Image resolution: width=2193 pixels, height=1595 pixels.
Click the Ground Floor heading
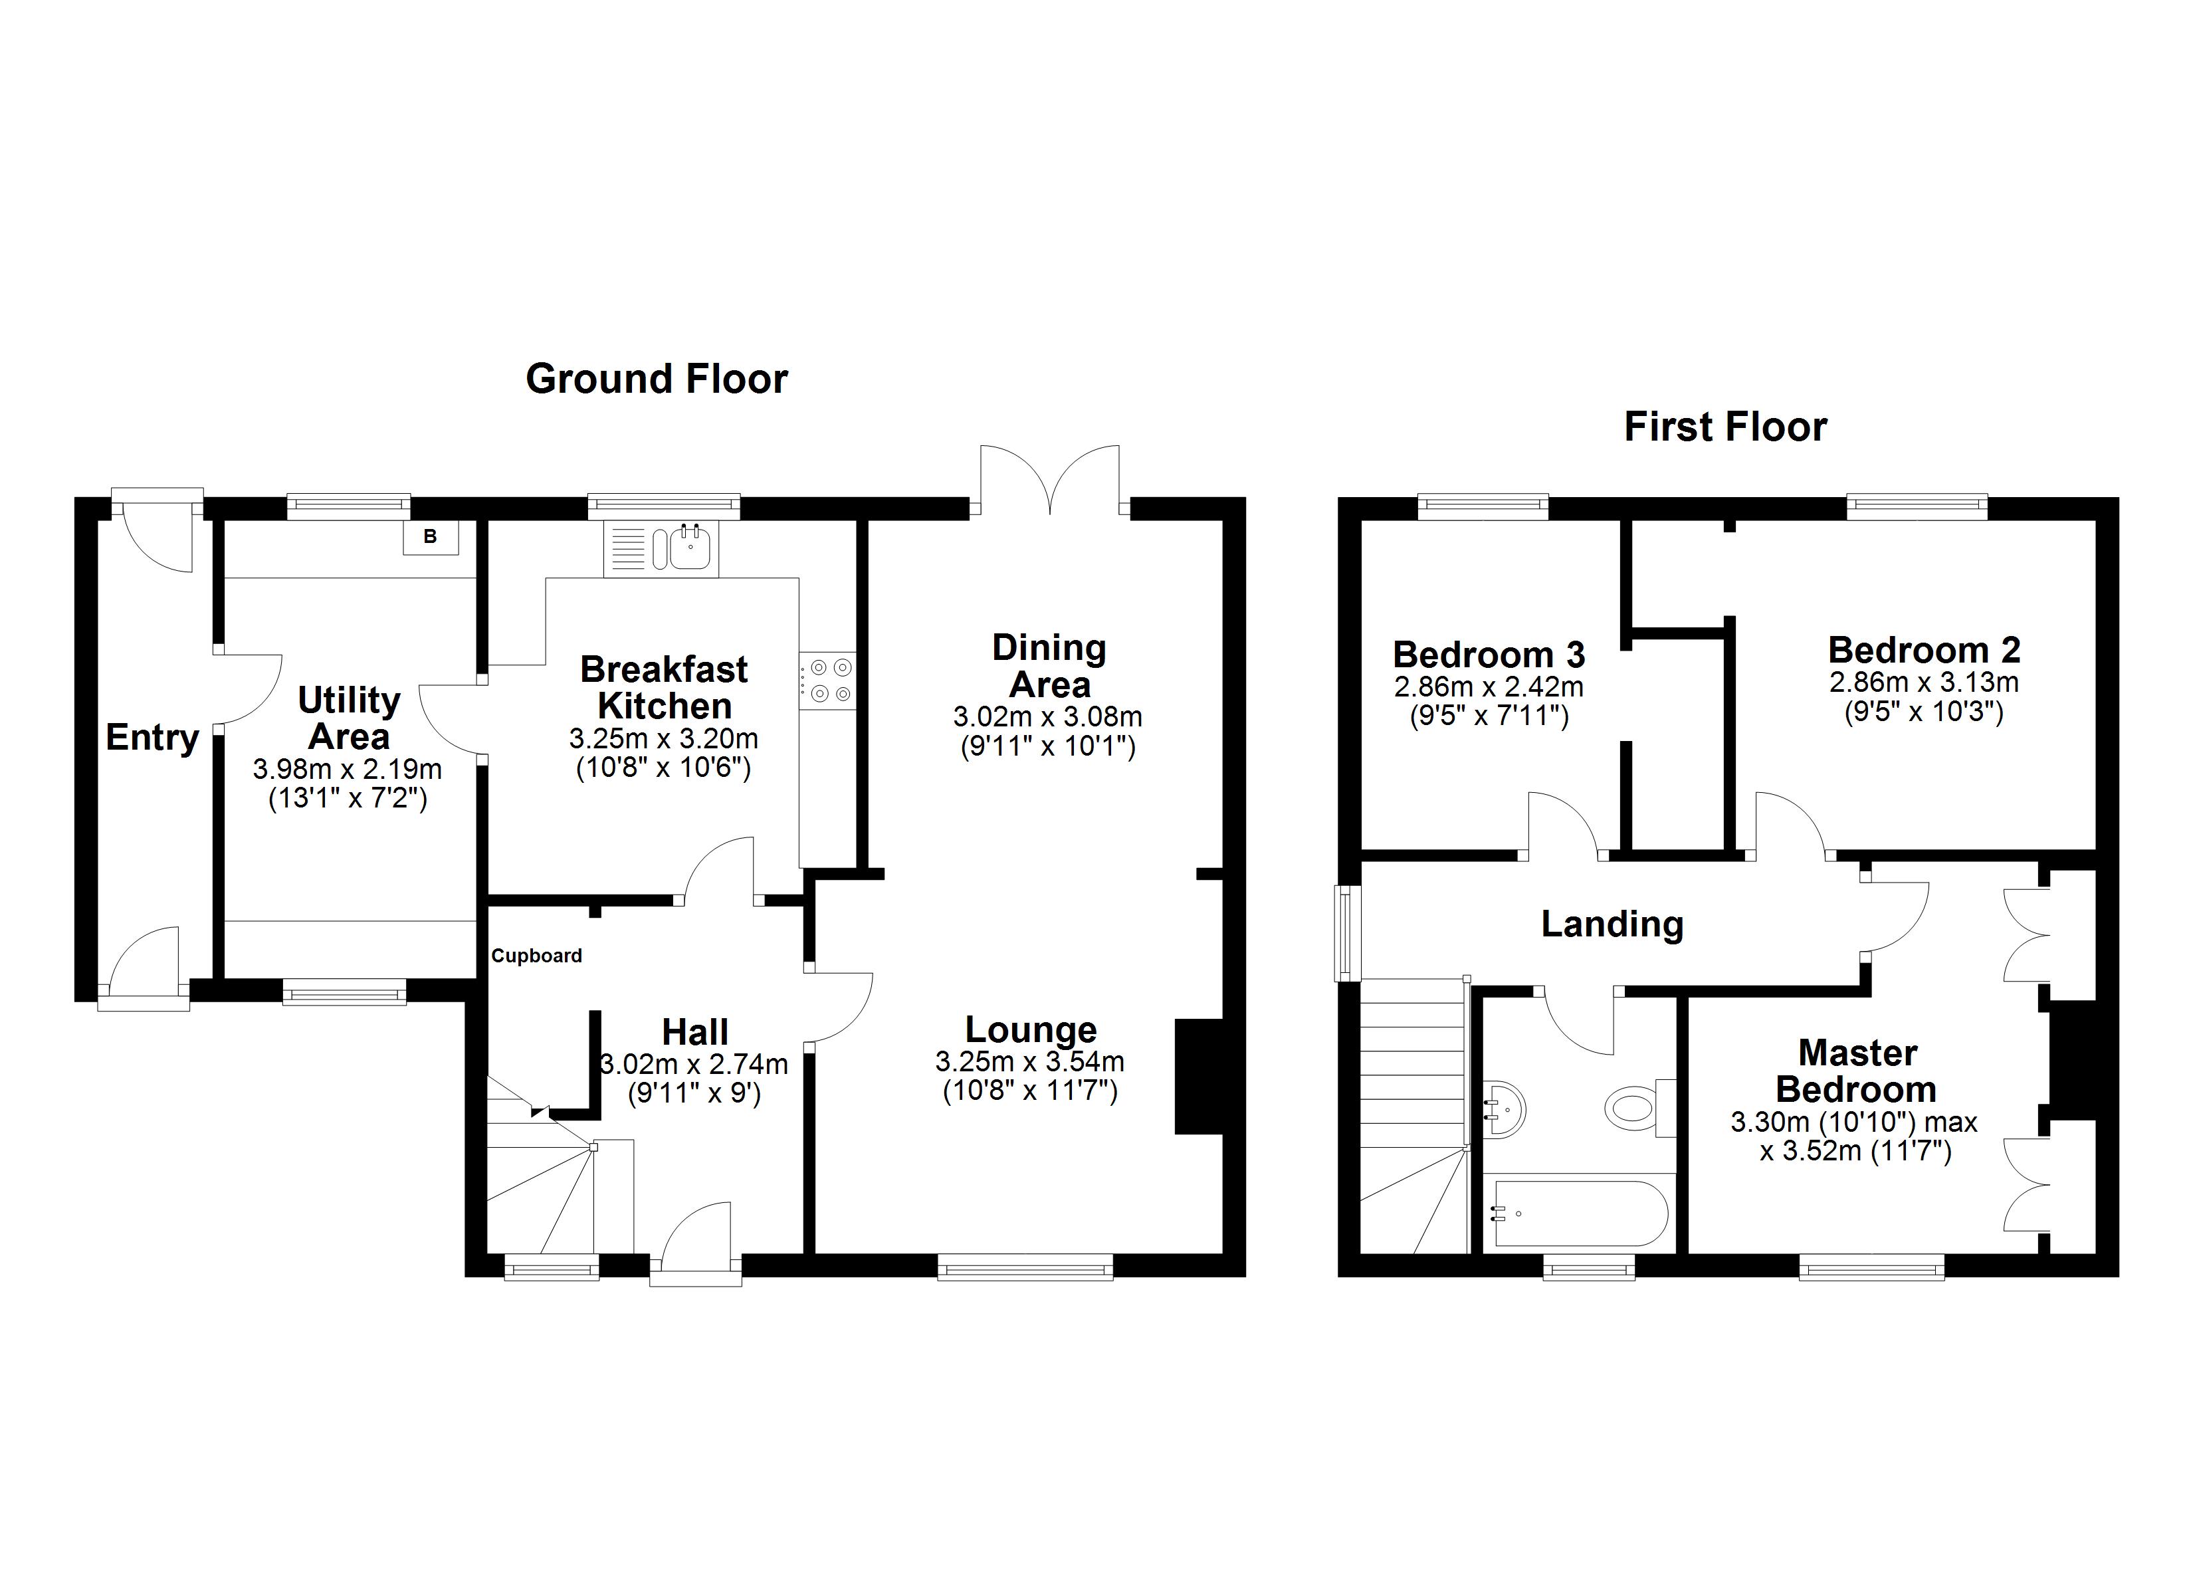point(657,379)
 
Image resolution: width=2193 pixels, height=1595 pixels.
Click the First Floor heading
point(1725,427)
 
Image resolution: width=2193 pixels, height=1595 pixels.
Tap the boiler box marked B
point(430,537)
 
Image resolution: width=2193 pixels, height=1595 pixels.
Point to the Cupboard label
point(537,956)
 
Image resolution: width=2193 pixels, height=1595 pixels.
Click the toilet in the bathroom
point(1634,1107)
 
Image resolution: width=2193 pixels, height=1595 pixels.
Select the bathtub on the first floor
point(1580,1214)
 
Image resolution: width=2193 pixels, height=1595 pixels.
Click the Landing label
point(1612,924)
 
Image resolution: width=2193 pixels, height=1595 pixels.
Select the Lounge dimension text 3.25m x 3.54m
point(1030,1062)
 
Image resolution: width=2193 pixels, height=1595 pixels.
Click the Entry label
point(152,737)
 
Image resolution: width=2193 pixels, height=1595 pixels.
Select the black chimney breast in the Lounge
point(1199,1075)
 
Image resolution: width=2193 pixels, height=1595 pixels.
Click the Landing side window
point(1345,932)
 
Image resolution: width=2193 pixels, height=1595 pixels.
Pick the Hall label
point(694,1032)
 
